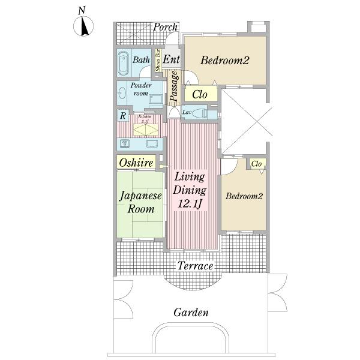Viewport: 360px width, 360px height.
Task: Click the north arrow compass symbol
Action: pyautogui.click(x=83, y=26)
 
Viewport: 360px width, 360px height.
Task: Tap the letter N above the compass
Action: pyautogui.click(x=82, y=10)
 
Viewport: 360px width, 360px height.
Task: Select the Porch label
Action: pyautogui.click(x=165, y=27)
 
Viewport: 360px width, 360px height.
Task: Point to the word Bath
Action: pyautogui.click(x=141, y=60)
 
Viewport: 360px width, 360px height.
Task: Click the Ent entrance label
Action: pyautogui.click(x=172, y=59)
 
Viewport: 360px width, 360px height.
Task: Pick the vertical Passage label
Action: pyautogui.click(x=173, y=86)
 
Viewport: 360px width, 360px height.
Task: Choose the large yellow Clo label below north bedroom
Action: pyautogui.click(x=200, y=94)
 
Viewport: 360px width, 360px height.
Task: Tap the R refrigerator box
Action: pyautogui.click(x=122, y=115)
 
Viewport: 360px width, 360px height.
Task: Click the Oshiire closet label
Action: pyautogui.click(x=136, y=163)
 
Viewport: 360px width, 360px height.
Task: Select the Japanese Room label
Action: pyautogui.click(x=140, y=203)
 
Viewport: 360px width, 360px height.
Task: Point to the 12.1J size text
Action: pyautogui.click(x=190, y=205)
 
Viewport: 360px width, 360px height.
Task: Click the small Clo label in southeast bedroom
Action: pyautogui.click(x=256, y=164)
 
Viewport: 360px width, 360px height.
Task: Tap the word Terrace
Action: pyautogui.click(x=195, y=266)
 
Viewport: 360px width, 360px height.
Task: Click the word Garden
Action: pyautogui.click(x=191, y=313)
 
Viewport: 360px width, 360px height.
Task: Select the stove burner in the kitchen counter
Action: pyautogui.click(x=126, y=143)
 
